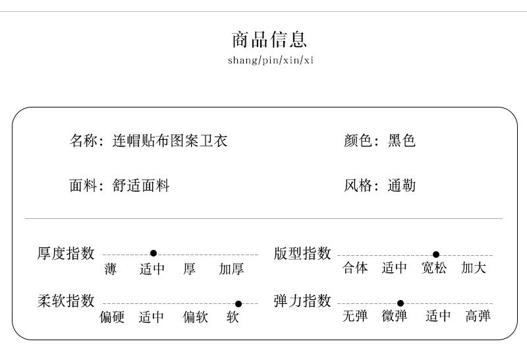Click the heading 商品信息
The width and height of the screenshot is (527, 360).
[x=269, y=40]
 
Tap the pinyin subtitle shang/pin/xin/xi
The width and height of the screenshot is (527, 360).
[x=270, y=61]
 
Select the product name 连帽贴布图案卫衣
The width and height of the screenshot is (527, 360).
[x=171, y=140]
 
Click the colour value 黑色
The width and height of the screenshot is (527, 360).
[x=402, y=140]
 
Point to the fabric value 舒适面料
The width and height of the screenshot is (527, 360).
[x=142, y=186]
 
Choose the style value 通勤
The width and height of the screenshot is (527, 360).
[x=402, y=186]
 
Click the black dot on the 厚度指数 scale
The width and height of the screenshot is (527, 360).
[x=153, y=253]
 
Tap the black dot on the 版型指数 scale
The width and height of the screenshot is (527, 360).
[x=436, y=255]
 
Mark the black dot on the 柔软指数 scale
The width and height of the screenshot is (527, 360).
[x=238, y=304]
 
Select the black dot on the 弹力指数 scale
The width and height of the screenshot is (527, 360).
[x=401, y=303]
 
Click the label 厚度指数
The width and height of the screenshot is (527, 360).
[x=66, y=253]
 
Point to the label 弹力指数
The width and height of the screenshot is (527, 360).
[x=302, y=301]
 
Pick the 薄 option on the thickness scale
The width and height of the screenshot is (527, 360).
[x=111, y=269]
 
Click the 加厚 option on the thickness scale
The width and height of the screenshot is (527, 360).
[x=232, y=269]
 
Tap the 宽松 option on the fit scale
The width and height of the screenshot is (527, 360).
[x=434, y=268]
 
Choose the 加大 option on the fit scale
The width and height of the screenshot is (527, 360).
[x=474, y=268]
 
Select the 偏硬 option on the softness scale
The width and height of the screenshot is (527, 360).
[x=112, y=318]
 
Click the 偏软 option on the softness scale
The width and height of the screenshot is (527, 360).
[x=195, y=318]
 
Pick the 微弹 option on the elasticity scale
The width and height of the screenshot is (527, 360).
[x=395, y=316]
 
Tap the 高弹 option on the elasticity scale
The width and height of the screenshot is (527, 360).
[x=478, y=316]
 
